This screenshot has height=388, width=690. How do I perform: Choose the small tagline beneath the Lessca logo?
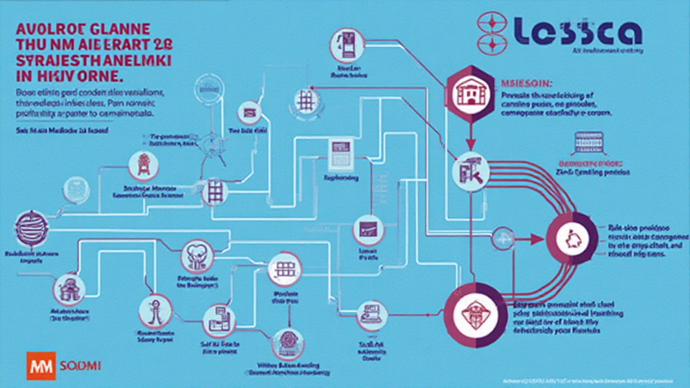coord(606,52)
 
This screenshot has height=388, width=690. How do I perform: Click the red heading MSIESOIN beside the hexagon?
coord(527,83)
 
